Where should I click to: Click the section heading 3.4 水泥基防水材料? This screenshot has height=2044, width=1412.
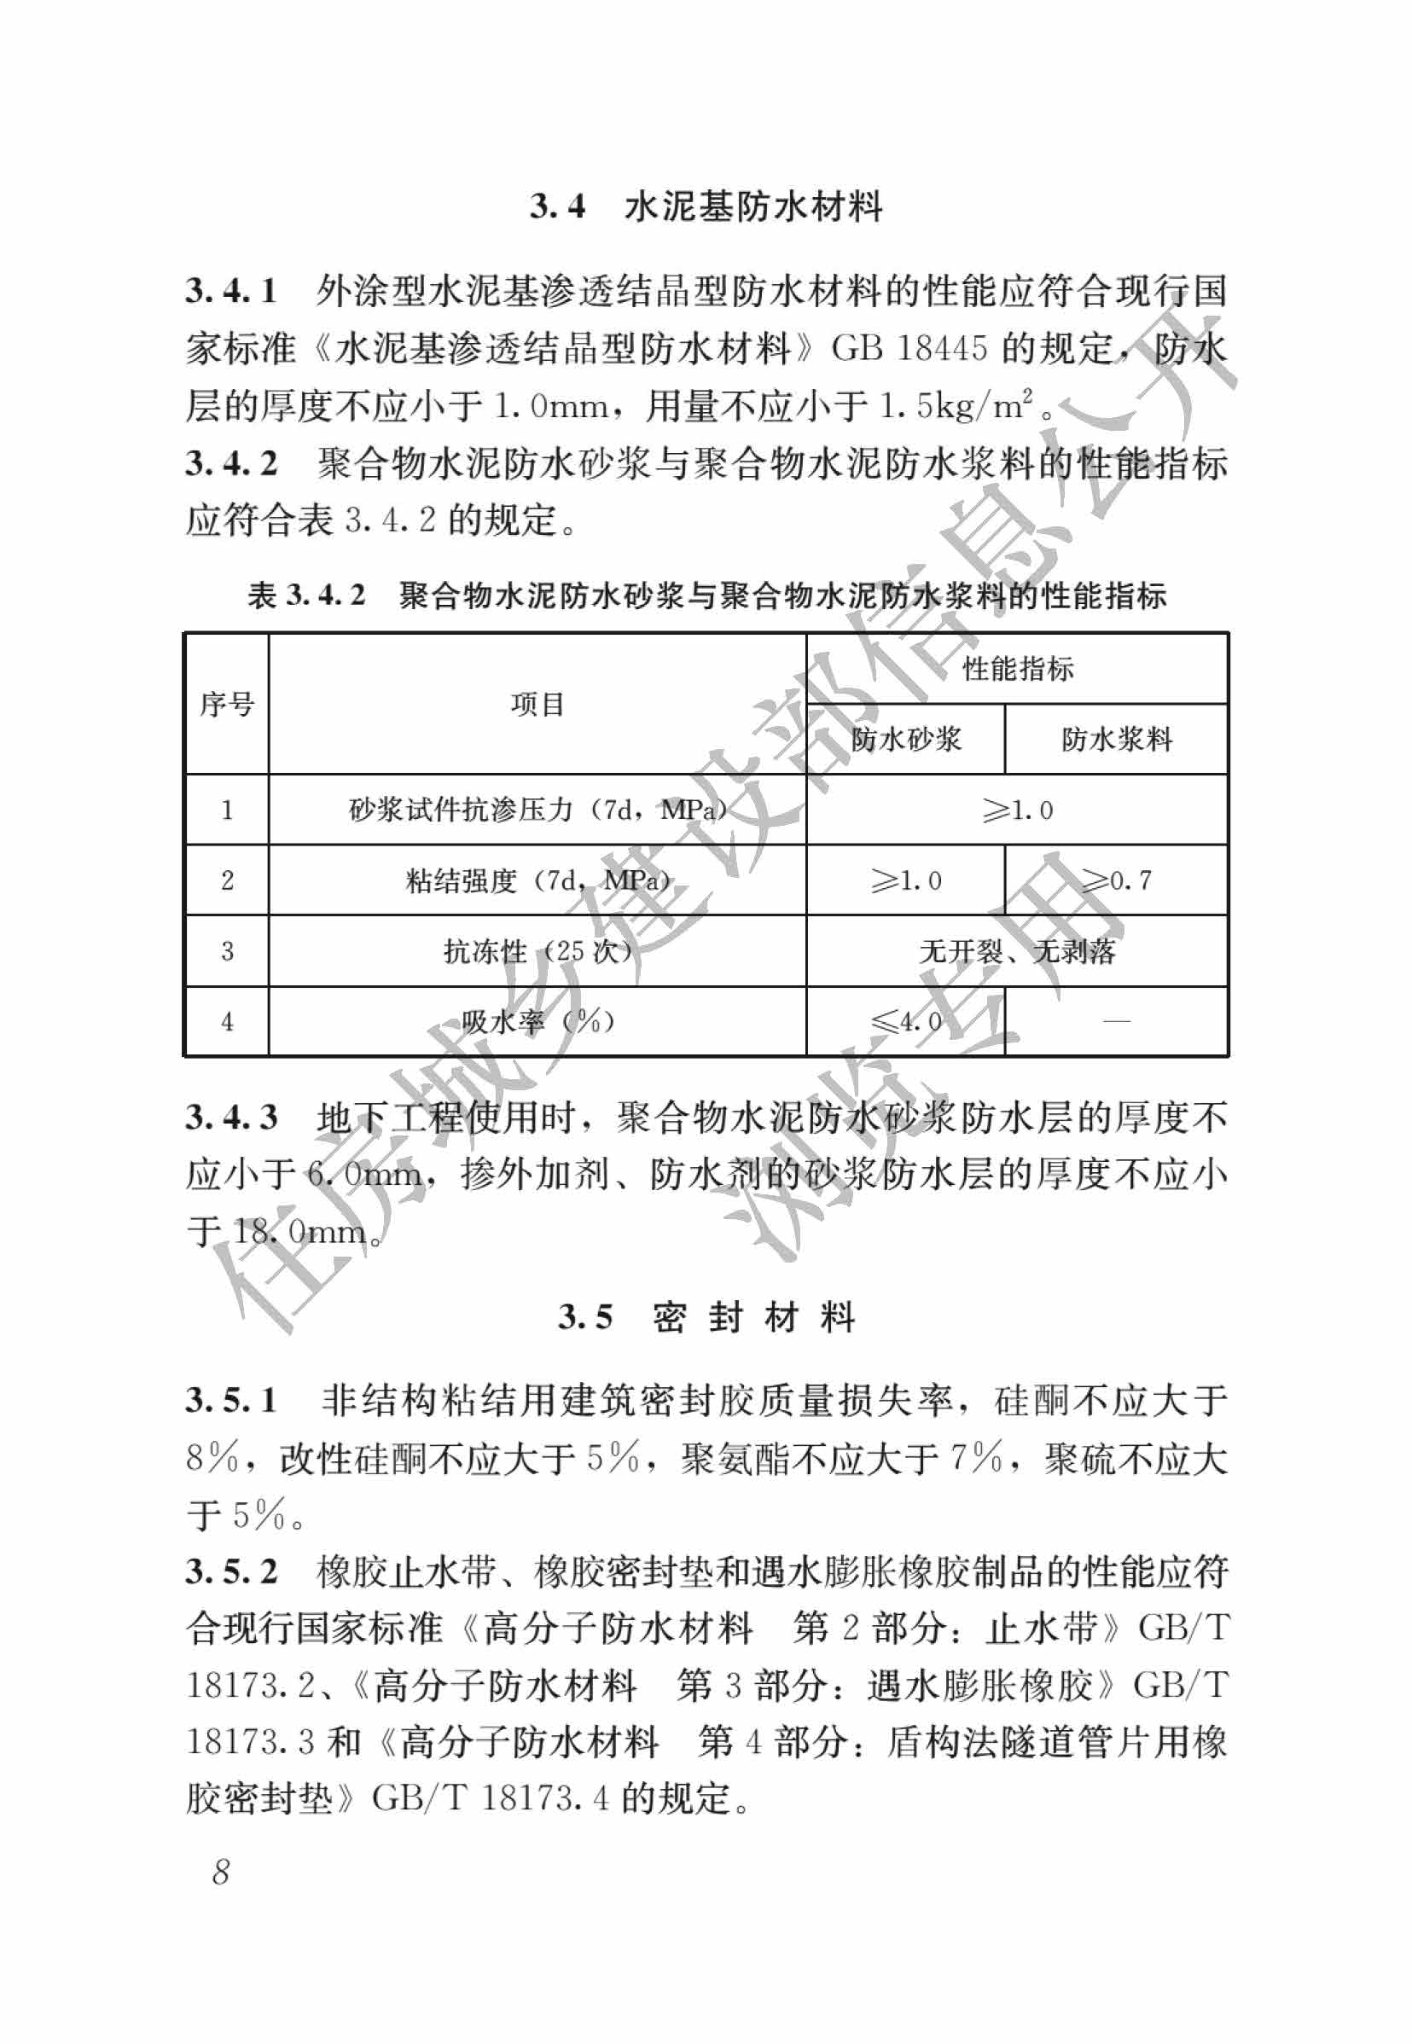click(x=706, y=207)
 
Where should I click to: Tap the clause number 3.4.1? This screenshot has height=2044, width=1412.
click(x=231, y=291)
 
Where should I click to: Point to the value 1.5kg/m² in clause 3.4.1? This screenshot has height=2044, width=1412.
click(x=956, y=406)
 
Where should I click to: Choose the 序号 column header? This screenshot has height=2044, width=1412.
click(x=226, y=704)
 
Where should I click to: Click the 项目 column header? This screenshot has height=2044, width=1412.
click(x=537, y=704)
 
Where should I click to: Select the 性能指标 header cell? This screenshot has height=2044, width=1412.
click(x=1018, y=670)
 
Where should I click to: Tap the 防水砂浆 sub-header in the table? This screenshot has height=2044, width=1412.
click(x=905, y=740)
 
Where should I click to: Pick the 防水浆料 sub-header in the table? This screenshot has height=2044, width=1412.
click(x=1117, y=740)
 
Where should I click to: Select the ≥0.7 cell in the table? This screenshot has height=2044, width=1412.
click(x=1117, y=880)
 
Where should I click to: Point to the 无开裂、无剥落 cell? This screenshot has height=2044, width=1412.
click(x=1018, y=952)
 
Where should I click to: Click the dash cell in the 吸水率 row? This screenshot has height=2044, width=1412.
click(x=1117, y=1021)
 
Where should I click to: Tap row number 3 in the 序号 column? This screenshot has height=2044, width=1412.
click(x=226, y=952)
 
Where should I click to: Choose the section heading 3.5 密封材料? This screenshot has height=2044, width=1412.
click(x=706, y=1317)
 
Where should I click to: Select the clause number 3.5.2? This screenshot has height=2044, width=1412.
click(x=231, y=1571)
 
